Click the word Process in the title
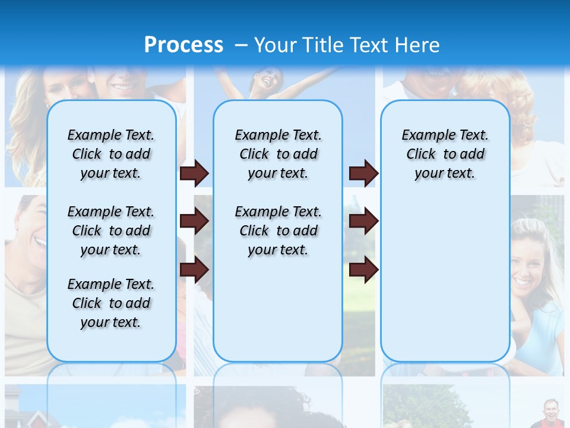pos(183,45)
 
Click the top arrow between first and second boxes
pos(194,174)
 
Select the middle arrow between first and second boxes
pos(194,222)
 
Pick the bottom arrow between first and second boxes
pos(194,270)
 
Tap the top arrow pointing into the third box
pos(363,174)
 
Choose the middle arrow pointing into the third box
pos(363,222)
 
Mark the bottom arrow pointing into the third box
pos(363,270)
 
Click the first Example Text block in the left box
pos(111,154)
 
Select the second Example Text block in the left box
pos(111,231)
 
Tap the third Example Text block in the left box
pos(111,303)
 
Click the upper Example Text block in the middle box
pos(278,154)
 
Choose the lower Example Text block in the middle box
pos(278,231)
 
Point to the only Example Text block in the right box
pos(445,154)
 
